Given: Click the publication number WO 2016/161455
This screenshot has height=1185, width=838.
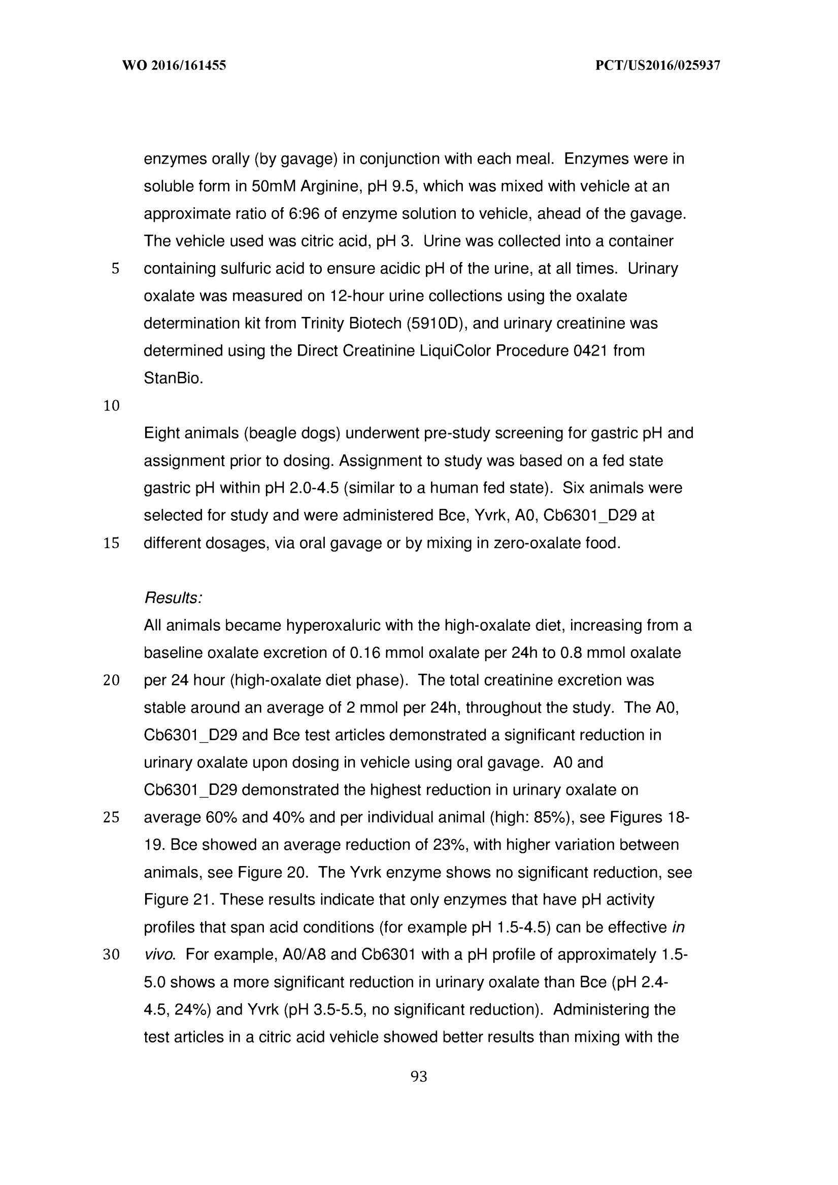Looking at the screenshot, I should pos(174,66).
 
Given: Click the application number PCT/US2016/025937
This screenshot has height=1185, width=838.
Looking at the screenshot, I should pos(657,66).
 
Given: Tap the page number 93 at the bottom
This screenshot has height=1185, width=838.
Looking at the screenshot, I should pos(418,1077).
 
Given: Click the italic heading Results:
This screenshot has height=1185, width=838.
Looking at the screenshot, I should pos(173,598).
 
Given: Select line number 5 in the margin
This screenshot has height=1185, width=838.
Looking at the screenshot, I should pos(115,269).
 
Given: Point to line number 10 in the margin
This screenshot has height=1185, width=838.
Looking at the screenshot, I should pos(112,406).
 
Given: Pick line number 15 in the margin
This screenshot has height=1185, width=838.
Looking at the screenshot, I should pos(112,543).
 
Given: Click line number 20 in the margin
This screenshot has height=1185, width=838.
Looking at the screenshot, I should pos(112,681).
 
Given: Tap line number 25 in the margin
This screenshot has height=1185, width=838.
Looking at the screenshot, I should pos(112,817).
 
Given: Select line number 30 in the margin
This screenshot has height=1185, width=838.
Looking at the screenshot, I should pos(112,955).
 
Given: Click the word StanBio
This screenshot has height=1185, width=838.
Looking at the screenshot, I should pos(174,378).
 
